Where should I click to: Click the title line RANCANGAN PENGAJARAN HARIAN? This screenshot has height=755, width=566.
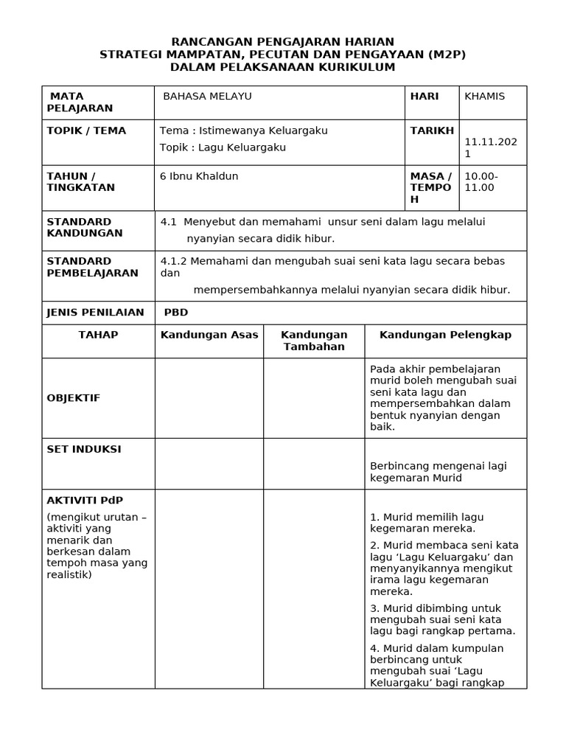[x=283, y=42]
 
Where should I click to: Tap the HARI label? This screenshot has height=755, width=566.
[x=424, y=97]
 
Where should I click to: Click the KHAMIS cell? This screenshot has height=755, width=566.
[x=485, y=97]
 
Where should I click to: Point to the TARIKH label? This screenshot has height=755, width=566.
[x=432, y=131]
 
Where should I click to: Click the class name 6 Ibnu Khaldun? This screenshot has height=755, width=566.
[x=199, y=176]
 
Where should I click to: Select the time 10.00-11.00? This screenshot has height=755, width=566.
[x=482, y=182]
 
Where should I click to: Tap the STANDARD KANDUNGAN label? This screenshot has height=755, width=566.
[x=80, y=227]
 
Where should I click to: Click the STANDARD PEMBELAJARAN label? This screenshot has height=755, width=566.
[x=93, y=267]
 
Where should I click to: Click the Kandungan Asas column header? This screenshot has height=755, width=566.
[x=209, y=335]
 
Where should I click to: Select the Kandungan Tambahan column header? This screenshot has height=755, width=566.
[x=314, y=341]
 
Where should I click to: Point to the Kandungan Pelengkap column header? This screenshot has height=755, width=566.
[x=445, y=335]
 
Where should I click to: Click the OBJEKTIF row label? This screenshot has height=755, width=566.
[x=74, y=398]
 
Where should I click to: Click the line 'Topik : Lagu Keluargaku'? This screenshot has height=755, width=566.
[x=223, y=147]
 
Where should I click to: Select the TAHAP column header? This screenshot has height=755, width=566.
[x=98, y=335]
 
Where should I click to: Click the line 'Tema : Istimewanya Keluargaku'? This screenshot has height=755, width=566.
[x=244, y=131]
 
